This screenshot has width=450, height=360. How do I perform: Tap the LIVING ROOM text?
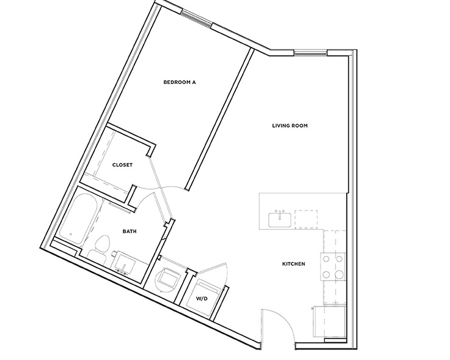[x=289, y=126]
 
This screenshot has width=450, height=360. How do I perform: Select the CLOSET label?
[x=122, y=165]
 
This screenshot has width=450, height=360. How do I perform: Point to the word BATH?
[x=129, y=231]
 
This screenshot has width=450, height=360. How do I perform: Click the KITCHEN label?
[x=293, y=264]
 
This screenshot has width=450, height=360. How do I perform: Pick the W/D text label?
[x=202, y=299]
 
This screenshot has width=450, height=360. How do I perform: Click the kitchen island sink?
[x=280, y=220]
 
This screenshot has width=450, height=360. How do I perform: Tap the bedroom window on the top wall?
[x=195, y=18]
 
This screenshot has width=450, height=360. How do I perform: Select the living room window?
[x=311, y=52]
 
